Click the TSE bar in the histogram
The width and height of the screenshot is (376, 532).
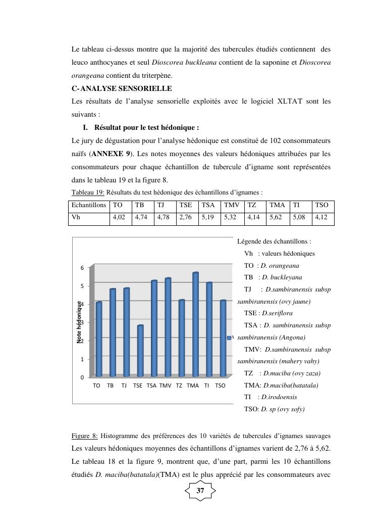[x=140, y=351]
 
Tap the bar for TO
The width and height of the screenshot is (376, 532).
[x=99, y=340]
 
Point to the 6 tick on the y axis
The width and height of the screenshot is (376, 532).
[x=82, y=267]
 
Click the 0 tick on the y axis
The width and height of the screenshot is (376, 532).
[x=82, y=377]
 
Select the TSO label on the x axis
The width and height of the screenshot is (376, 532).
[x=220, y=385]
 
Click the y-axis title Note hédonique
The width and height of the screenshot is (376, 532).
[x=79, y=322]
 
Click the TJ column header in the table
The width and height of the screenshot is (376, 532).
[x=161, y=206]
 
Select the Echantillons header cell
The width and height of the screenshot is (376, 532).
[x=89, y=206]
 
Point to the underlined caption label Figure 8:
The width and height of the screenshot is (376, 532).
[x=85, y=436]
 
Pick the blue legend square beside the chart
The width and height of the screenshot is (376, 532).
[x=229, y=337]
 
